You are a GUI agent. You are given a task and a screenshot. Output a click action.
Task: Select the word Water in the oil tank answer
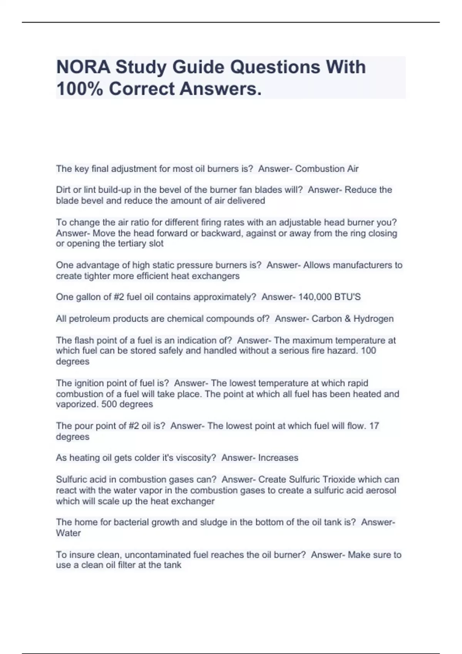click(68, 533)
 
